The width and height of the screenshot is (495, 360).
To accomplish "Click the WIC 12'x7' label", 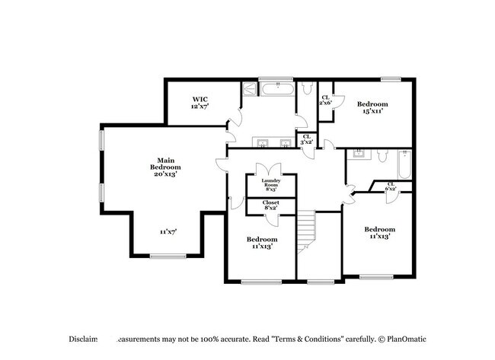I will pos(200,103).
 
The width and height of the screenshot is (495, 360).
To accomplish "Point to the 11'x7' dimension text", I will pos(168,231).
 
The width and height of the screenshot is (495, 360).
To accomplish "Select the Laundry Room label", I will pos(271,183).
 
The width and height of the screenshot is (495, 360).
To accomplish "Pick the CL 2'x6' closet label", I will pos(325,100).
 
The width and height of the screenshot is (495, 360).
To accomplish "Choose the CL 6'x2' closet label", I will pos(391,186).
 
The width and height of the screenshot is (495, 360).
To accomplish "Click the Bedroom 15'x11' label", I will pos(372,107).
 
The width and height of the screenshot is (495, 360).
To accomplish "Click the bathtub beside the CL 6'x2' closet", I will pos(403,163).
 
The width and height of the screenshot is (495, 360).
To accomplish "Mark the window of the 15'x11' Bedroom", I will pos(391,78).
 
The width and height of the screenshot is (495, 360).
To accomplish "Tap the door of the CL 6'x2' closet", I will pos(391,196).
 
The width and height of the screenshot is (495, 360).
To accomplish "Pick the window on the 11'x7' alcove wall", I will pos(168,256).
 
